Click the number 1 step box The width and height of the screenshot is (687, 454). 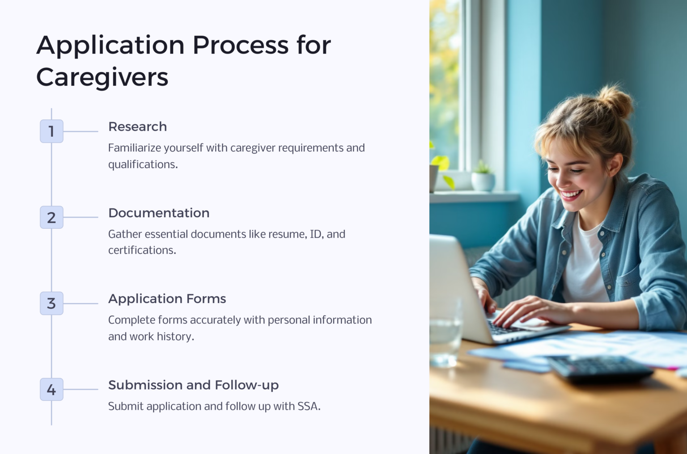click(51, 131)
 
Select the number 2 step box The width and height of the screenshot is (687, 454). click(51, 217)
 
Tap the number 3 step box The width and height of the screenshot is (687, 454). click(51, 303)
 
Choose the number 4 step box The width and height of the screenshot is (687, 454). click(51, 389)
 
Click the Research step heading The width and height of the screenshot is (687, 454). click(137, 127)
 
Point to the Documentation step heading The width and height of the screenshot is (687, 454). click(159, 213)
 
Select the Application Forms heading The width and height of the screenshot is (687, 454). click(167, 299)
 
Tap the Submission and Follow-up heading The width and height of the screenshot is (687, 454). click(193, 385)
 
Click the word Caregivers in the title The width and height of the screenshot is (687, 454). click(102, 77)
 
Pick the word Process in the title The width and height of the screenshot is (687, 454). click(241, 45)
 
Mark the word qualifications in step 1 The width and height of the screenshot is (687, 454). click(142, 165)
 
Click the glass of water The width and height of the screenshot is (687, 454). click(445, 335)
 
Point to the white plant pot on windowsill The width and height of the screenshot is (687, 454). click(483, 181)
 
